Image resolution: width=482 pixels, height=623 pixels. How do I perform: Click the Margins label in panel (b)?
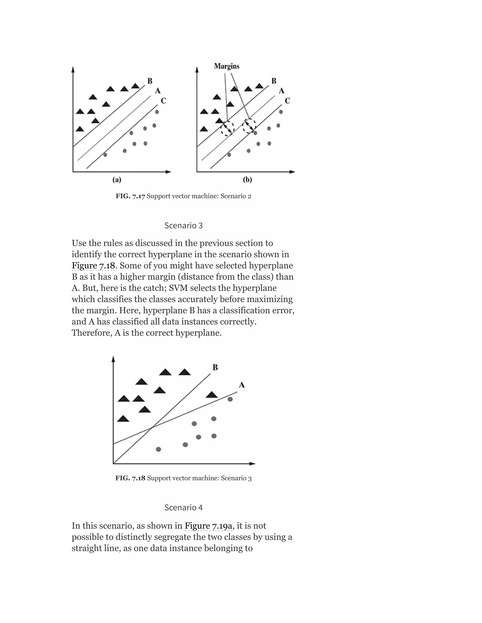click(x=226, y=66)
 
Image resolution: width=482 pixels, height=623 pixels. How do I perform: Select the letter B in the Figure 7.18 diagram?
click(x=215, y=367)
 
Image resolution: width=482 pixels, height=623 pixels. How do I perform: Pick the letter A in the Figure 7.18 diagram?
click(x=241, y=385)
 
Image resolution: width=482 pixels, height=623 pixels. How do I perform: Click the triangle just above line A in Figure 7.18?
click(x=212, y=395)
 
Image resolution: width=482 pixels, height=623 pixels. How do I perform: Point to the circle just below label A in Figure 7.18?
click(x=230, y=399)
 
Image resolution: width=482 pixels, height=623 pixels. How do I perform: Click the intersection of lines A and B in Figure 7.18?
click(x=153, y=427)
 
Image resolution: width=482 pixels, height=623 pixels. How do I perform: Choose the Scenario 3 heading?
click(x=183, y=226)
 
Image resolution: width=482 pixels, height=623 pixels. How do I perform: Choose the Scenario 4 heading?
click(x=183, y=508)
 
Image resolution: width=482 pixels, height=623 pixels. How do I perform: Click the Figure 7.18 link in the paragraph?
click(x=93, y=266)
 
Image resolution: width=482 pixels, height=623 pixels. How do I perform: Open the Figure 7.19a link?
click(x=209, y=526)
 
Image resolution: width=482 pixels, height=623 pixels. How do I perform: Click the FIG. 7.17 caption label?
click(x=130, y=196)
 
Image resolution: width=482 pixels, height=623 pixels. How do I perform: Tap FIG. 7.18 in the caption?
click(x=130, y=478)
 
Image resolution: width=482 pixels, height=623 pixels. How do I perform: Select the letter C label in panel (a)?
click(x=163, y=101)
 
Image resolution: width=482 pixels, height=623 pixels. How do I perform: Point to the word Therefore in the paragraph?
click(x=91, y=333)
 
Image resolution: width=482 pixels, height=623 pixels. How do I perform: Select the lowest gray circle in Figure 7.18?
click(x=158, y=449)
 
